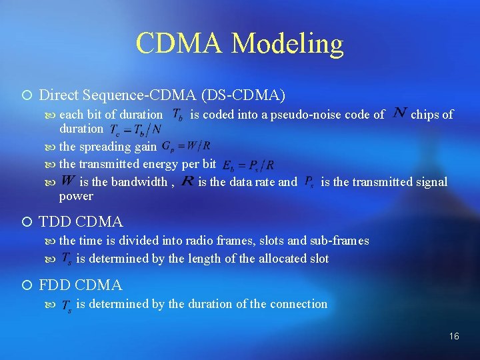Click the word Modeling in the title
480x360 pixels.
coord(287,44)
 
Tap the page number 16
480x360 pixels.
coord(453,337)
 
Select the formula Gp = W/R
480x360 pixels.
coord(187,146)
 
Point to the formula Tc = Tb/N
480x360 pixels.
coord(135,129)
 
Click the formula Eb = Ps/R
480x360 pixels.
coord(247,164)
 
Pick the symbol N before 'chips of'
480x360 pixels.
coord(400,113)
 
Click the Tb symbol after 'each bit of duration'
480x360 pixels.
coord(178,115)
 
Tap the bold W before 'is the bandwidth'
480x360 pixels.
coord(67,181)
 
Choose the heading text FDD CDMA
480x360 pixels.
coord(81,285)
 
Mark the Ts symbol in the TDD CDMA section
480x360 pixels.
coord(67,259)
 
